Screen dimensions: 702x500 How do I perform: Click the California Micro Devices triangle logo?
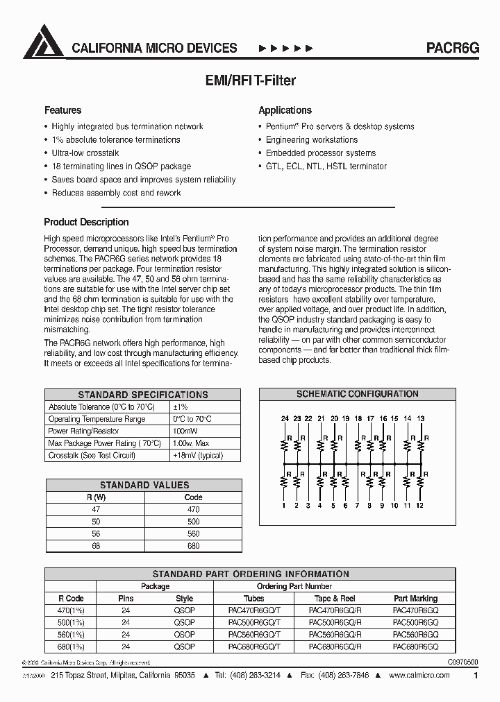[x=43, y=42]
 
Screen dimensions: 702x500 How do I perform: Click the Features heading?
[x=62, y=110]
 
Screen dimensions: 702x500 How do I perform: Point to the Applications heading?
[x=285, y=110]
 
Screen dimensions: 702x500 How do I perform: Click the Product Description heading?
[x=86, y=222]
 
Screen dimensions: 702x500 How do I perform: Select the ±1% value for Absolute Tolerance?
[x=181, y=407]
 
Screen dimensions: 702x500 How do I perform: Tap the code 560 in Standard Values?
[x=193, y=534]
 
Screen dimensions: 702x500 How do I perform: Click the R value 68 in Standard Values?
[x=96, y=546]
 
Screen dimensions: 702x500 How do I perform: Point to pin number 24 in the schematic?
[x=284, y=419]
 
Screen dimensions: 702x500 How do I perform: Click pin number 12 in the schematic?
[x=419, y=506]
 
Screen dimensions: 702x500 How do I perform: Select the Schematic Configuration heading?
[x=357, y=394]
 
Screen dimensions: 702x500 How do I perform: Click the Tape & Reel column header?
[x=335, y=599]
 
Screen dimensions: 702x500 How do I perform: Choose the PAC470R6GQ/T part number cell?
[x=253, y=610]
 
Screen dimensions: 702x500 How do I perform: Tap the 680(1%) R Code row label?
[x=70, y=647]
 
